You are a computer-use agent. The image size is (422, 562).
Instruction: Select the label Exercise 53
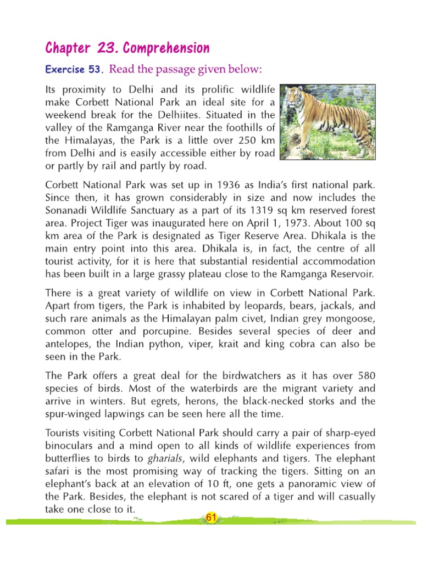tap(74, 70)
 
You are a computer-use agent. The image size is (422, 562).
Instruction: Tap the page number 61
tap(210, 517)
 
